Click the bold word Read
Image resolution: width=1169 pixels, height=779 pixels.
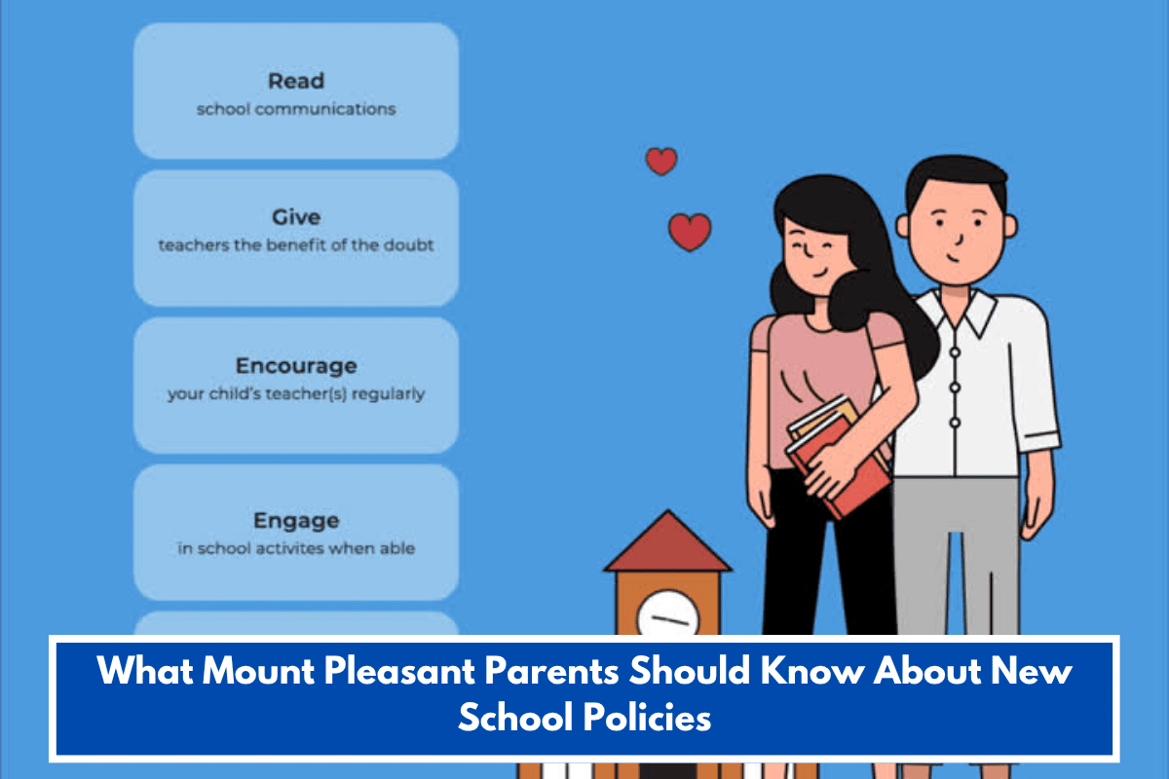(x=296, y=81)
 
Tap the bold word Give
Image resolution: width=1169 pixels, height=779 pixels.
(x=296, y=217)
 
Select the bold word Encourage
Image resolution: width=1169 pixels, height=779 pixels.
(x=296, y=366)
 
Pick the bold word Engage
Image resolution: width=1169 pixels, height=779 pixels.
(x=296, y=520)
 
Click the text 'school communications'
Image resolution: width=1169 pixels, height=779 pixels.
(x=296, y=109)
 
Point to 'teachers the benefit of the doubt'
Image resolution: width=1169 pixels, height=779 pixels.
(x=296, y=245)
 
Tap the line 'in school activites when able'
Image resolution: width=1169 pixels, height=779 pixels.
(x=296, y=549)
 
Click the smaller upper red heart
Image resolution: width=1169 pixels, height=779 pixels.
(x=661, y=161)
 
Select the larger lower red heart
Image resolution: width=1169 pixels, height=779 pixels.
(x=690, y=232)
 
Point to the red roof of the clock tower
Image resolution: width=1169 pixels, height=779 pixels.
(x=667, y=545)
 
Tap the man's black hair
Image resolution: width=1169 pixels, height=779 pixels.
(x=953, y=180)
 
